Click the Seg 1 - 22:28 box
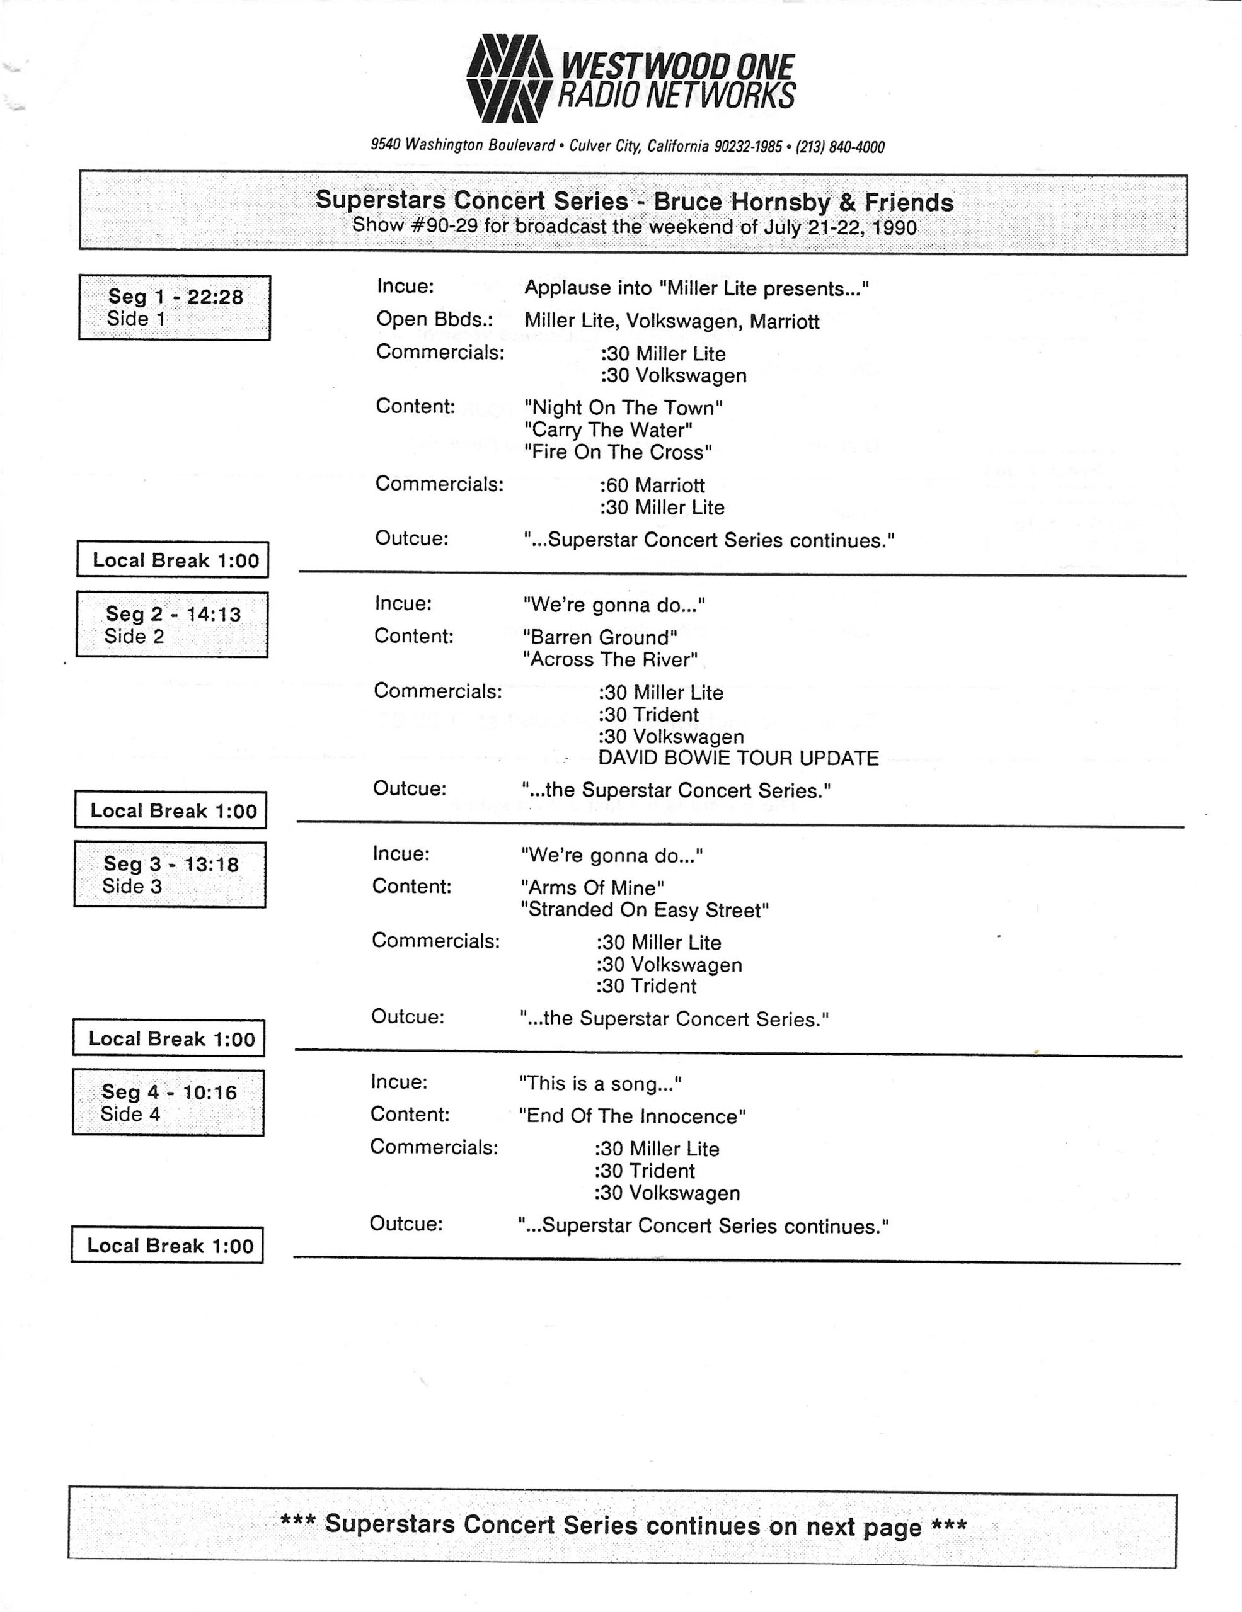175,307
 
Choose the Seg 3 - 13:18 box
170,874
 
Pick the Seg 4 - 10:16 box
168,1102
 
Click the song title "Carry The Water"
607,429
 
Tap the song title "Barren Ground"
600,637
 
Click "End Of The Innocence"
632,1116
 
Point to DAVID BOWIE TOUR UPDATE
738,758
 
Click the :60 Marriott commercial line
652,485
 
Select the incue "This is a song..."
600,1084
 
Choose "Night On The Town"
623,407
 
